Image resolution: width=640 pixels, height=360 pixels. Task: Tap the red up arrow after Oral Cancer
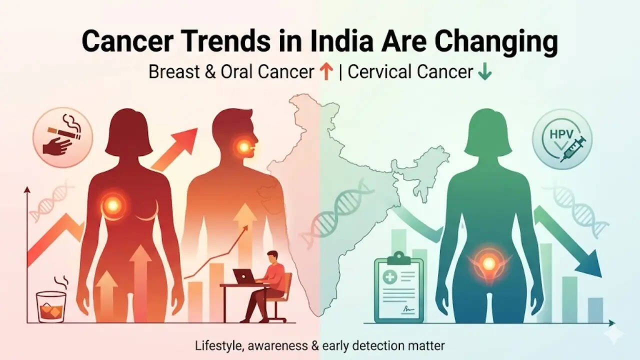click(x=325, y=72)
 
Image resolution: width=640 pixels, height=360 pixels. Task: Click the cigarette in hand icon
click(x=62, y=137)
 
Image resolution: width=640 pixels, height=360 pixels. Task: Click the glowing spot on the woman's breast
click(x=113, y=204)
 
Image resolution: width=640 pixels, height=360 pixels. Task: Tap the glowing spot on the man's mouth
click(x=243, y=146)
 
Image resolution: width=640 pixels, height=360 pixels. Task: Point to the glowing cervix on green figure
click(x=488, y=262)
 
